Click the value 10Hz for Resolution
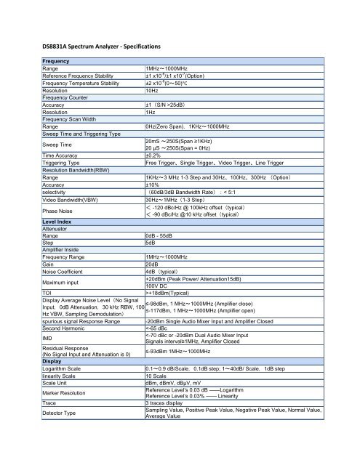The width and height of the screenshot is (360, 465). (152, 91)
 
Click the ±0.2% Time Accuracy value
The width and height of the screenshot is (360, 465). (153, 155)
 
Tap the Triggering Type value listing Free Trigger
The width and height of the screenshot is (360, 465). (228, 163)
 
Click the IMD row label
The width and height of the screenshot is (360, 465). (49, 338)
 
